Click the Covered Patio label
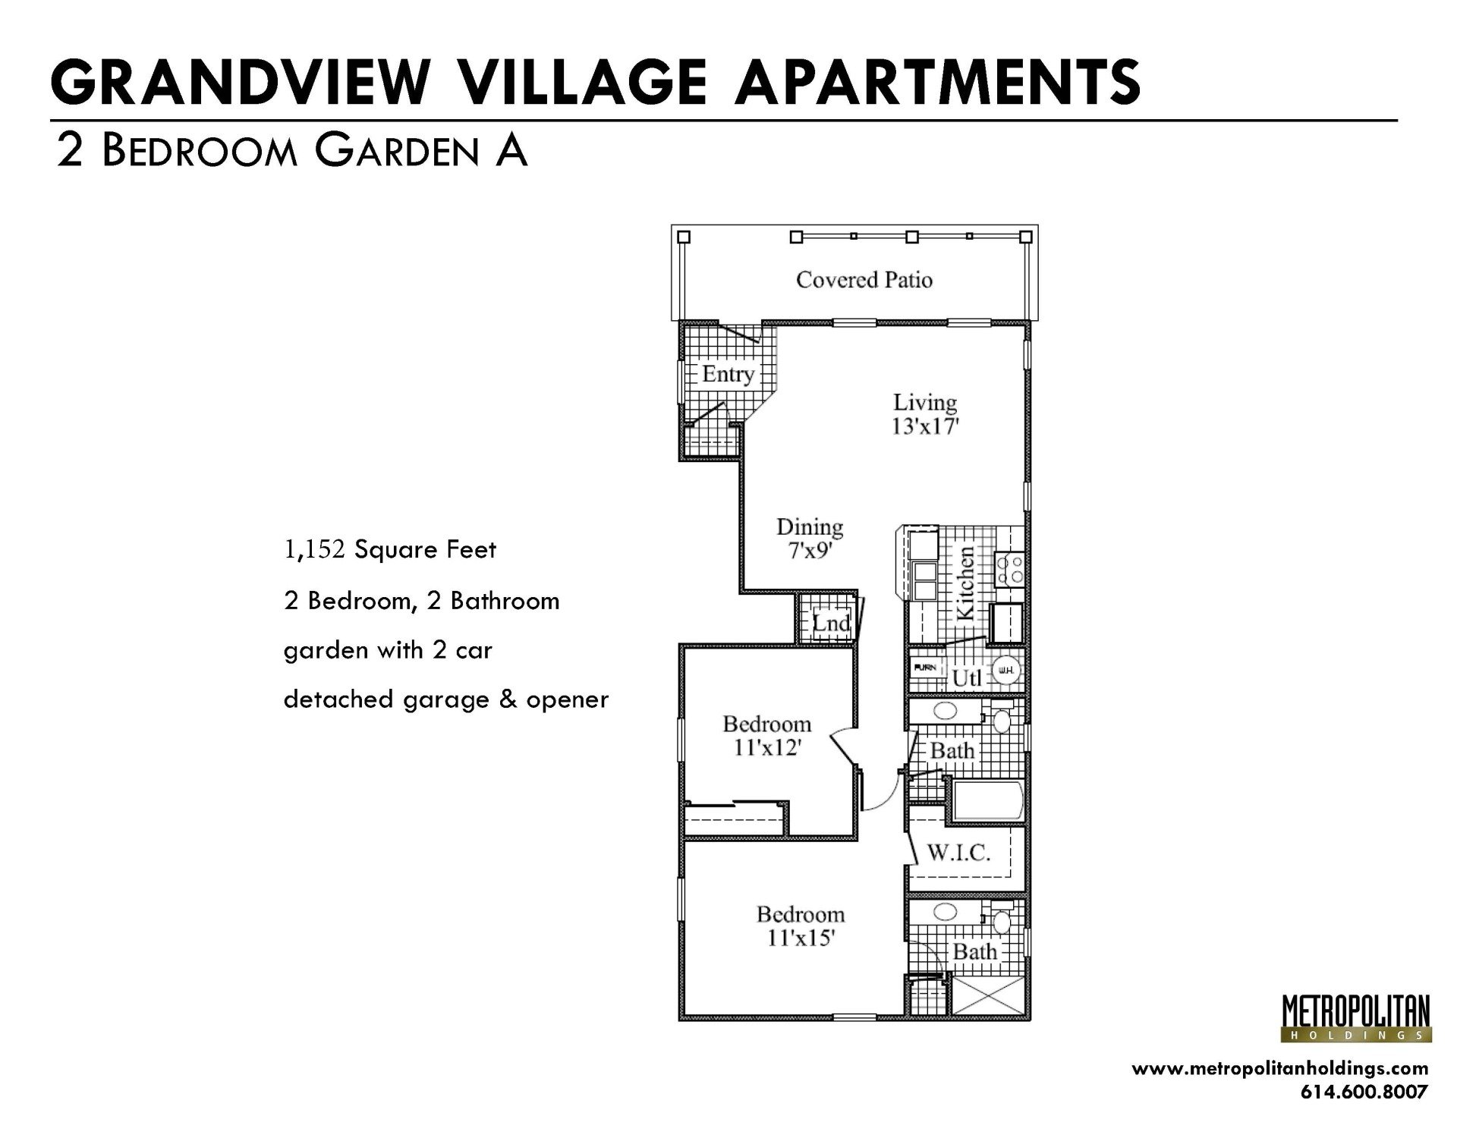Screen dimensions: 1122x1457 tap(864, 280)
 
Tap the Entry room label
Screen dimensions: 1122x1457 tap(727, 374)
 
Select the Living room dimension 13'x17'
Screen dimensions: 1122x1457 tap(925, 427)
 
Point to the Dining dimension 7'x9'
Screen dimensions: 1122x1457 tap(810, 552)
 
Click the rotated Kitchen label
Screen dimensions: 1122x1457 tap(965, 583)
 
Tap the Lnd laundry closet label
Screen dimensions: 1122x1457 tap(830, 624)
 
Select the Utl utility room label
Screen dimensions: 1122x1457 tap(967, 677)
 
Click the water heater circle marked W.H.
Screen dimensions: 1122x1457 tap(1005, 671)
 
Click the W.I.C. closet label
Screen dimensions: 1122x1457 tap(958, 853)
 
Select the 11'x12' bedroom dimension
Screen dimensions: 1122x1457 tap(767, 749)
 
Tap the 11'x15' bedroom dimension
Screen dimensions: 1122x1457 tap(801, 939)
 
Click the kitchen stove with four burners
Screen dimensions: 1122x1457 tap(1010, 569)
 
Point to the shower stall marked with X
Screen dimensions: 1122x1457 tap(988, 995)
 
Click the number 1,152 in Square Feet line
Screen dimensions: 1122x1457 tap(314, 550)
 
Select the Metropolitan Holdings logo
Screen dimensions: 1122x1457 tap(1356, 1018)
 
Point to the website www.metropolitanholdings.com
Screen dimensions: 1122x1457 tap(1279, 1068)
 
